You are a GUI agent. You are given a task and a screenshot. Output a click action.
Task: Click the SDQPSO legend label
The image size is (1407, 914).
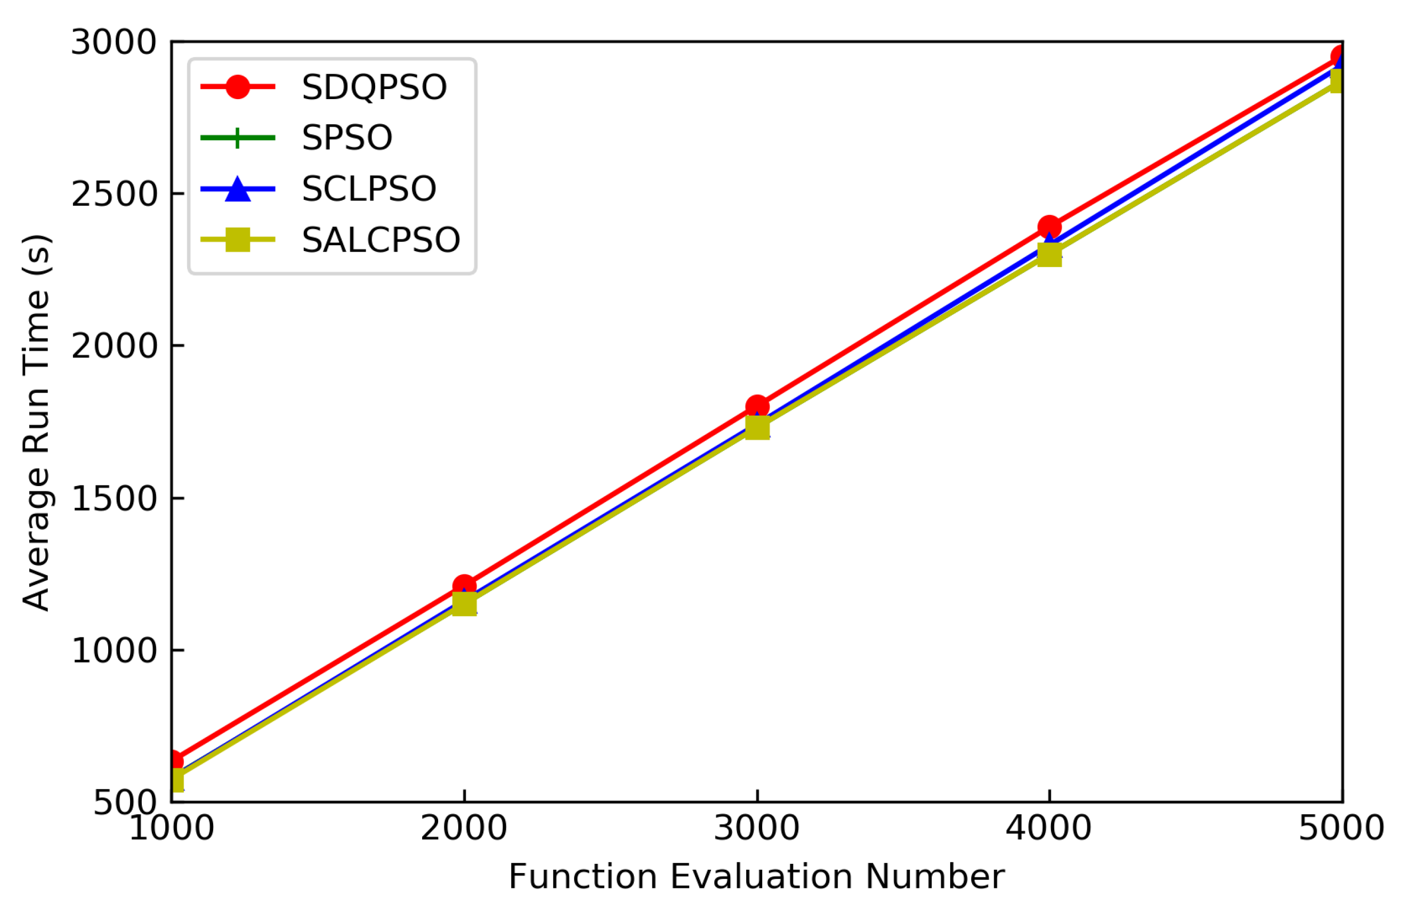(x=374, y=87)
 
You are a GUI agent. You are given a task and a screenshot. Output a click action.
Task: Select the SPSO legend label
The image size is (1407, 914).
(x=347, y=139)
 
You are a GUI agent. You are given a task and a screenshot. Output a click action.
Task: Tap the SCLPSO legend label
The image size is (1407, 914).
(x=369, y=189)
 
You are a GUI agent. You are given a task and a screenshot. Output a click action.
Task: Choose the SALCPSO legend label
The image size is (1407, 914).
(x=381, y=240)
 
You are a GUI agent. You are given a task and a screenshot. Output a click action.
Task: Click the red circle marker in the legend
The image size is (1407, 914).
(x=238, y=87)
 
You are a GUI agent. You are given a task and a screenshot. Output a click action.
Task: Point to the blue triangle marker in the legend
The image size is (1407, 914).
(x=238, y=189)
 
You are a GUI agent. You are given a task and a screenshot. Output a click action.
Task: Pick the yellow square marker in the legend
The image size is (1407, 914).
(x=238, y=240)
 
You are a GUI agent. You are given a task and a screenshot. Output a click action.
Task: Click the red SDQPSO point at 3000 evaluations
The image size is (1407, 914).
(x=757, y=407)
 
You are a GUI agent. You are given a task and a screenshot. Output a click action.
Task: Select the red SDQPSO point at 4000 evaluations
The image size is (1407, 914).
(x=1049, y=227)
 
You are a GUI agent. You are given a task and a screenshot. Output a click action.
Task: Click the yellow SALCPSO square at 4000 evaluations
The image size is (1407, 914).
(x=1049, y=255)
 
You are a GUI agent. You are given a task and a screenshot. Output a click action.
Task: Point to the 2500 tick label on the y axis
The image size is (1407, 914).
(x=114, y=194)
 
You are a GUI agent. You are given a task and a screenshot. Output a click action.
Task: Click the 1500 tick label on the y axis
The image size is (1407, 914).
(x=114, y=498)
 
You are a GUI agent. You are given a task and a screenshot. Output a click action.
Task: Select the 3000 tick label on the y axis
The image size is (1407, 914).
(x=114, y=43)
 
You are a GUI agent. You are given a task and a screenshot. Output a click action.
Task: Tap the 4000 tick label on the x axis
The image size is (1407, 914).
(x=1049, y=828)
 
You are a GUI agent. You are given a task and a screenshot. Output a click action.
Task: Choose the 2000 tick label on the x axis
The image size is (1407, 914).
(x=464, y=828)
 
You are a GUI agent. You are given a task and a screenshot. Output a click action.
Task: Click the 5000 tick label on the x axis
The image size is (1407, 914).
(x=1341, y=828)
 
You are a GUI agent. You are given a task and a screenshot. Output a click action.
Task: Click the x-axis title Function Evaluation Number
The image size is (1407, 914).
(x=757, y=877)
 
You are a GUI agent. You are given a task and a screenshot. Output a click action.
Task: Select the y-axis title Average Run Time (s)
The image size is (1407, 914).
(x=37, y=423)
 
